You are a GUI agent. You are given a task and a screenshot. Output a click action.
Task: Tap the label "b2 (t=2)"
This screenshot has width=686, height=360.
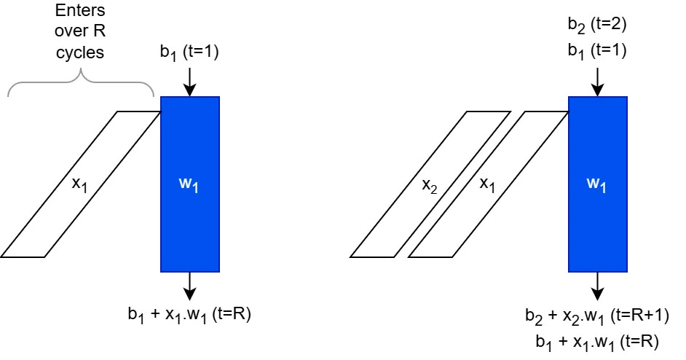pyautogui.click(x=596, y=26)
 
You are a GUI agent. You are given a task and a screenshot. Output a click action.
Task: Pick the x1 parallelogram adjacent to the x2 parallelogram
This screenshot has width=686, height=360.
pyautogui.click(x=488, y=184)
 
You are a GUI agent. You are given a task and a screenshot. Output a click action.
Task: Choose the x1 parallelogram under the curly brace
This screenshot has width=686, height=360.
pyautogui.click(x=81, y=184)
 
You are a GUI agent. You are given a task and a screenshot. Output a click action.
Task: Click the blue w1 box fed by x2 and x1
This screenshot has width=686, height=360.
pyautogui.click(x=596, y=184)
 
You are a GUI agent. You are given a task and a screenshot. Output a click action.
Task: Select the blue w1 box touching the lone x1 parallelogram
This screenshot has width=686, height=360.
pyautogui.click(x=189, y=184)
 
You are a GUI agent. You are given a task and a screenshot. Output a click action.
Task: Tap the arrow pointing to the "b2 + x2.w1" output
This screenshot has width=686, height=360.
pyautogui.click(x=596, y=286)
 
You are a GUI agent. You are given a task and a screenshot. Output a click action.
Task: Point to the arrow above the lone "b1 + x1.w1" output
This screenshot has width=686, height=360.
pyautogui.click(x=189, y=286)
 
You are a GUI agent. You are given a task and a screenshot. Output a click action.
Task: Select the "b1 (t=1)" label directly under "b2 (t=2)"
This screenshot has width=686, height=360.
pyautogui.click(x=596, y=51)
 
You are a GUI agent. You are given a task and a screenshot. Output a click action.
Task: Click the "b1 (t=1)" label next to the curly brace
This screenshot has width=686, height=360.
pyautogui.click(x=189, y=52)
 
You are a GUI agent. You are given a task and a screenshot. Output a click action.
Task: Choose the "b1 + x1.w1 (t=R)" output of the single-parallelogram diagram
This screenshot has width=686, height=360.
pyautogui.click(x=189, y=316)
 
